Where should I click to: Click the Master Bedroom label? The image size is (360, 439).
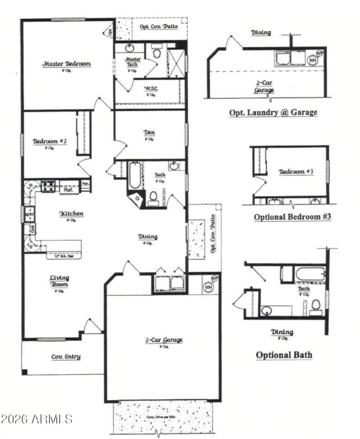click(x=67, y=64)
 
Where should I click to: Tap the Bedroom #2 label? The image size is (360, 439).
click(x=50, y=141)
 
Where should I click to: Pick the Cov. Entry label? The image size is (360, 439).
click(x=66, y=357)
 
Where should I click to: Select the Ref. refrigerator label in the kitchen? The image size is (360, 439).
click(x=69, y=190)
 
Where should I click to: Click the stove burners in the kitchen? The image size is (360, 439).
click(x=48, y=185)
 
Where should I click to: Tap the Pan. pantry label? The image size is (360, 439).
click(x=85, y=183)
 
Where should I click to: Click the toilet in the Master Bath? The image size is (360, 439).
click(x=157, y=53)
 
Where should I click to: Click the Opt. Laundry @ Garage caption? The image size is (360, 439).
click(x=273, y=112)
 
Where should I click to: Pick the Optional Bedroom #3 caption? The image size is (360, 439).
click(x=292, y=217)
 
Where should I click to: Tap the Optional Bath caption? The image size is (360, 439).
click(x=284, y=355)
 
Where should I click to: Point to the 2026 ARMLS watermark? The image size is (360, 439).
click(x=36, y=419)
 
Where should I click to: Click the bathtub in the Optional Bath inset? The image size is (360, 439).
click(x=310, y=273)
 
